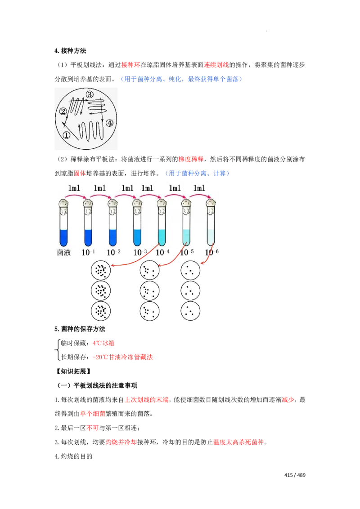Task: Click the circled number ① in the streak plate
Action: pyautogui.click(x=66, y=135)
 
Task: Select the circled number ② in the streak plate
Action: pyautogui.click(x=63, y=111)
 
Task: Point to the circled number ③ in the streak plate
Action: pyautogui.click(x=90, y=94)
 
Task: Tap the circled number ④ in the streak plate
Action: pyautogui.click(x=109, y=122)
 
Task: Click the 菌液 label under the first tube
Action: pyautogui.click(x=64, y=253)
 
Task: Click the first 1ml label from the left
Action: pyautogui.click(x=75, y=188)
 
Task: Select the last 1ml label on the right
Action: pyautogui.click(x=198, y=188)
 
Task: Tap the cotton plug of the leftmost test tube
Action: pyautogui.click(x=63, y=206)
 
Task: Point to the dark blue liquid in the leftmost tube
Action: pyautogui.click(x=63, y=237)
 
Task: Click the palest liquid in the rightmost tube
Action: pyautogui.click(x=210, y=237)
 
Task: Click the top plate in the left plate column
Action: pyautogui.click(x=149, y=270)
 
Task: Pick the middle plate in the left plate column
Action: pyautogui.click(x=149, y=291)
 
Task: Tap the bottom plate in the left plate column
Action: pyautogui.click(x=149, y=311)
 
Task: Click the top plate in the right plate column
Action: pyautogui.click(x=190, y=270)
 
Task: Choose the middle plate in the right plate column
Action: pyautogui.click(x=190, y=291)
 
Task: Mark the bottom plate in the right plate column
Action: pyautogui.click(x=190, y=311)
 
